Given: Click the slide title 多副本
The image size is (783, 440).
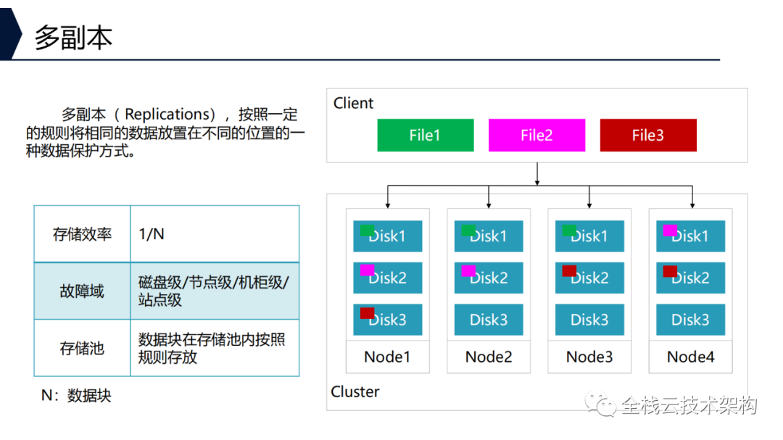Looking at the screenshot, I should tap(73, 37).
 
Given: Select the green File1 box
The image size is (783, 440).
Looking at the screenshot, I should tap(425, 136).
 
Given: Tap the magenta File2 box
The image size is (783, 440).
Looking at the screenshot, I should tap(536, 136).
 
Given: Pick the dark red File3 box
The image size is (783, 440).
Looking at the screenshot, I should tap(648, 136).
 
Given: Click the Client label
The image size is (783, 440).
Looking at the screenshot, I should tap(353, 104).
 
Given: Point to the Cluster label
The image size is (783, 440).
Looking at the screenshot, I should tap(355, 392).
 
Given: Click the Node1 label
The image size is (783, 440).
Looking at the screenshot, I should tap(387, 357).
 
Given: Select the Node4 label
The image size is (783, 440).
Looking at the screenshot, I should tap(690, 357).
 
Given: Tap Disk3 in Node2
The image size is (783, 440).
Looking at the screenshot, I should tap(489, 320).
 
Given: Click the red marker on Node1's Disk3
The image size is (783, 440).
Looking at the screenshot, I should tap(367, 313).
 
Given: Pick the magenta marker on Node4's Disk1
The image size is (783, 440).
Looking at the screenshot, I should tap(669, 230).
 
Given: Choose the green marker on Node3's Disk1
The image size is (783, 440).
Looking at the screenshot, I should tap(569, 230).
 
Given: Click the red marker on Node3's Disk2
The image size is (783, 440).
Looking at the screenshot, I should tap(569, 271).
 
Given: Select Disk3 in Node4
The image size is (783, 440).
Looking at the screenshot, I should tap(690, 320).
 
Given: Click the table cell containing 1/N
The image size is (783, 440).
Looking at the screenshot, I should tap(215, 233).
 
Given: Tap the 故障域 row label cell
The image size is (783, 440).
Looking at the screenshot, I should tap(82, 291).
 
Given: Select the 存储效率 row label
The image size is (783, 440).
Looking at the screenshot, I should tap(82, 233).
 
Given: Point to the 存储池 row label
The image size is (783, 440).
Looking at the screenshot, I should tap(82, 349).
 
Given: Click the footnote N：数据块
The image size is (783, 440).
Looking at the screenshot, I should tap(76, 396).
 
